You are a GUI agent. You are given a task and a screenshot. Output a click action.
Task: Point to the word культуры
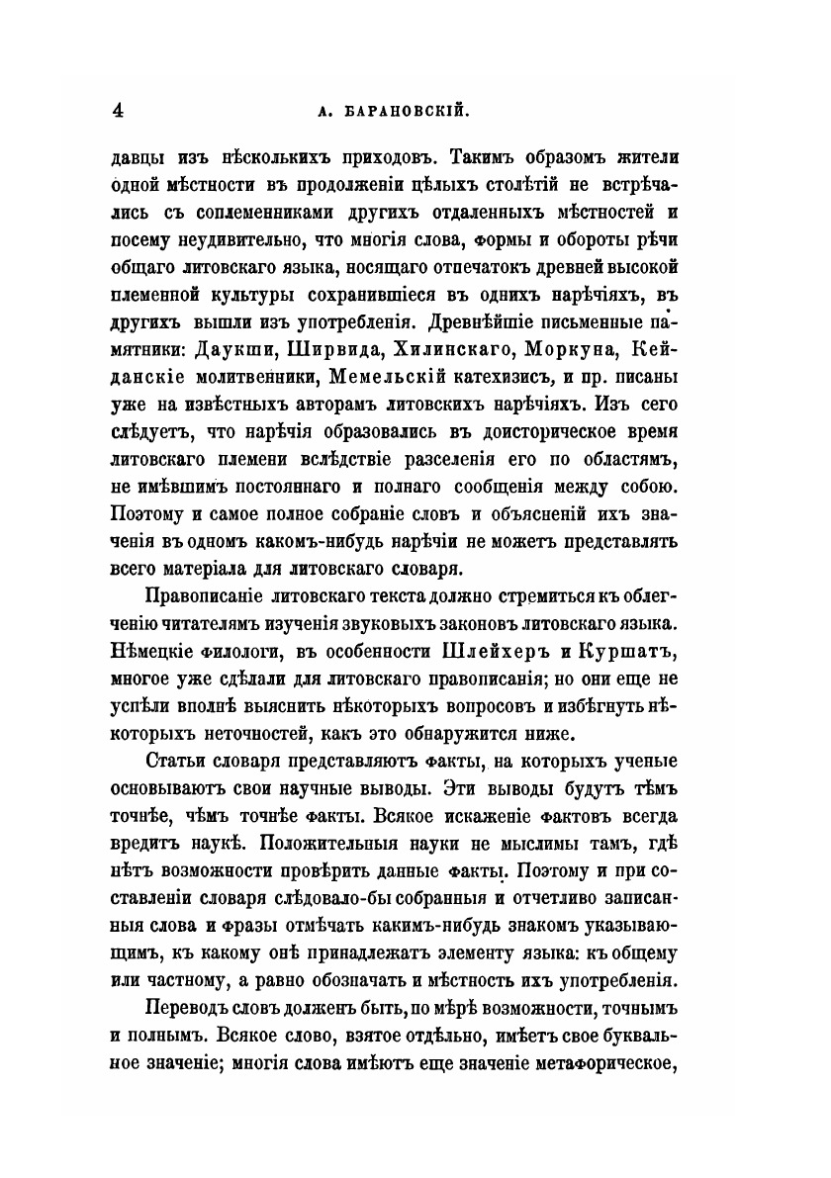(x=292, y=295)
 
